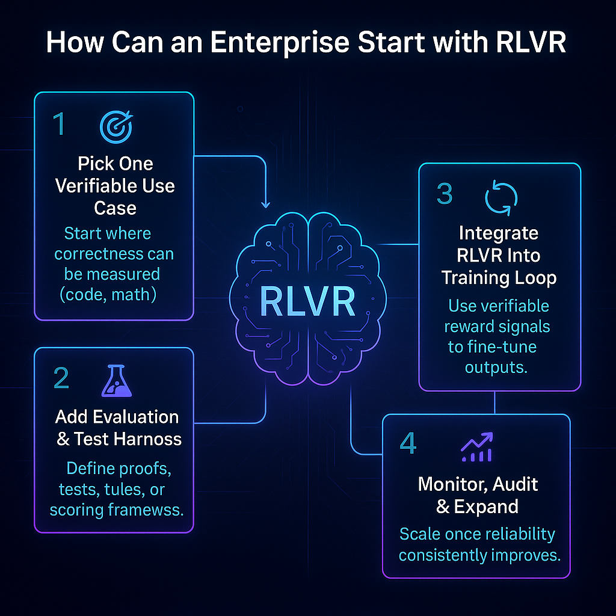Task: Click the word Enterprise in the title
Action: tap(280, 42)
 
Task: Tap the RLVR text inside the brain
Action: tap(307, 302)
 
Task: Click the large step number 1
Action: tap(60, 123)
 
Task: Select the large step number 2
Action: tap(61, 378)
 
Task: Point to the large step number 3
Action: tap(445, 194)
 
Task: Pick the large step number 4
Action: tap(408, 443)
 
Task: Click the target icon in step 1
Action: tap(116, 126)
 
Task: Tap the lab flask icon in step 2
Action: tap(117, 381)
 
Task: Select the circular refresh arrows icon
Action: tap(501, 198)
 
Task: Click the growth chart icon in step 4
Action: tap(476, 447)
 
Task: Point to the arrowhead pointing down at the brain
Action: tap(265, 205)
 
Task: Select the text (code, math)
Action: tap(108, 295)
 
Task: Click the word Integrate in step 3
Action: tap(499, 233)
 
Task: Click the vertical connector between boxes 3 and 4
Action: tap(494, 402)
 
